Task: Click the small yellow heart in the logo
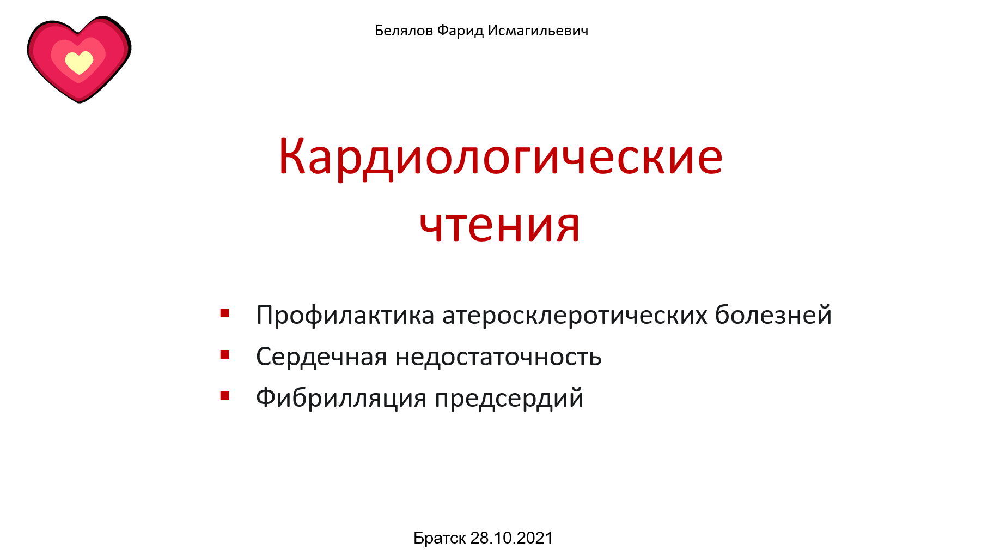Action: point(79,62)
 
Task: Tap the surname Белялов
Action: point(404,31)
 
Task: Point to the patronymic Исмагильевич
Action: point(538,31)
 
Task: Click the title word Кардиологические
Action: point(500,157)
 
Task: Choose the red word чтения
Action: point(499,225)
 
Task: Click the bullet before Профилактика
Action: point(225,313)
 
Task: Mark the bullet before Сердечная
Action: point(225,355)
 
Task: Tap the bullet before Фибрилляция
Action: point(225,396)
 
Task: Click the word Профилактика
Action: point(345,316)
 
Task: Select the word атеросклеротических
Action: point(574,316)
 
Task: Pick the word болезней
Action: point(773,316)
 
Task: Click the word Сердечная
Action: point(321,357)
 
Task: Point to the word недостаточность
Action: point(498,357)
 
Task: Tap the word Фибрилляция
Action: point(341,398)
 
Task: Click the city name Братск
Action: point(440,538)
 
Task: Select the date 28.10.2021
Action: point(511,538)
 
